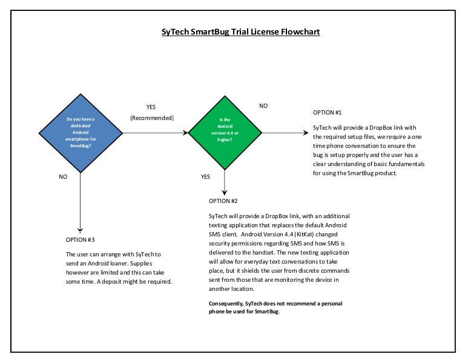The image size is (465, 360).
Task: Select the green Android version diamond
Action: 224,132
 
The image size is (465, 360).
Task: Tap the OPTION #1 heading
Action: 328,113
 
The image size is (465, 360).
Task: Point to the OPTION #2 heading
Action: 223,201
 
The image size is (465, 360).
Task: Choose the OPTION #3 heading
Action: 80,239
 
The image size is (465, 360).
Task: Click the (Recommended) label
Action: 152,118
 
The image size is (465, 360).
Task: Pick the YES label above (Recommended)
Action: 151,107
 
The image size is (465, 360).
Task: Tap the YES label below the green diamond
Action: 205,176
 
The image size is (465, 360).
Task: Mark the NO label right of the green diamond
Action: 263,106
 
